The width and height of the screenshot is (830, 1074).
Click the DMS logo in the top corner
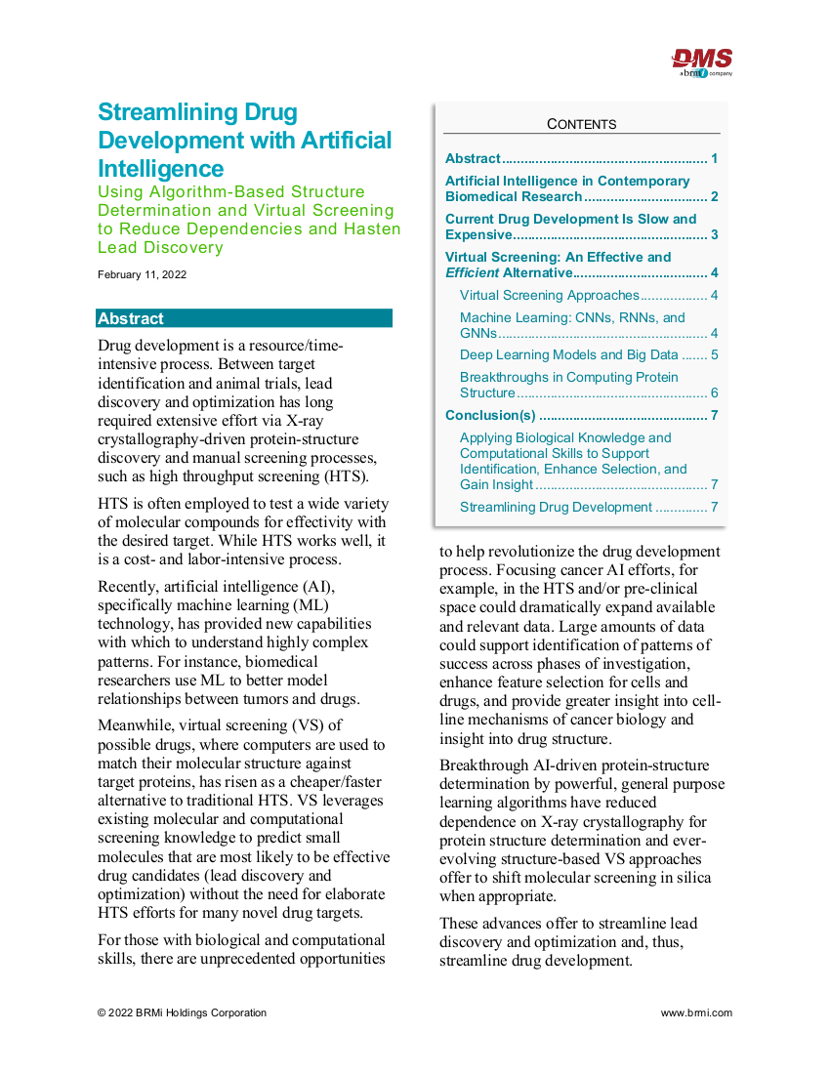click(702, 61)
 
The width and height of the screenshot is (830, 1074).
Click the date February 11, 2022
click(142, 274)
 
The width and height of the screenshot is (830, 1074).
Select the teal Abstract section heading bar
click(244, 318)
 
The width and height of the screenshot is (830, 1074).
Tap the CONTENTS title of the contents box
click(581, 124)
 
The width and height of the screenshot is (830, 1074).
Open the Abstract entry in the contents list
click(473, 158)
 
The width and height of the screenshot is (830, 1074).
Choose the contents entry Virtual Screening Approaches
click(549, 295)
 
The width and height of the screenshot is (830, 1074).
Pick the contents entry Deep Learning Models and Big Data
click(568, 354)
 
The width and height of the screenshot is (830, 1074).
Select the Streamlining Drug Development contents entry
click(556, 507)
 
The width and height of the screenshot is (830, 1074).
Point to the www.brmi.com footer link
click(696, 1012)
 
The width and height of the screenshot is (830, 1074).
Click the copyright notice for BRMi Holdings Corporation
click(182, 1012)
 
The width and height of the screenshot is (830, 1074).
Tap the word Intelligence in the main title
click(161, 168)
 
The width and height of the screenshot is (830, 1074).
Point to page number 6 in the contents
click(715, 392)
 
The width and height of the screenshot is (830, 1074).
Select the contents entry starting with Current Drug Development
click(571, 227)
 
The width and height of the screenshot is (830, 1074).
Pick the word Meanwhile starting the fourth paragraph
click(138, 724)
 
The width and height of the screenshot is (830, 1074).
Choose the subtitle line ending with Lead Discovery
click(160, 247)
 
